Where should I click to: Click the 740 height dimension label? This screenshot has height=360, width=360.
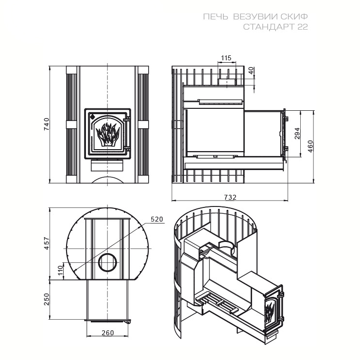point(46,124)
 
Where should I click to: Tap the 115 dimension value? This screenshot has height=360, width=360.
point(226,58)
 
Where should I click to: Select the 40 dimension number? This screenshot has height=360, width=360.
point(251,70)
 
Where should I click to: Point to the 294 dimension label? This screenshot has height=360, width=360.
point(297,134)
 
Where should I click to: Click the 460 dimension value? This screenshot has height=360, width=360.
point(310,146)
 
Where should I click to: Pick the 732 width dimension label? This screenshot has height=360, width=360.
point(230,197)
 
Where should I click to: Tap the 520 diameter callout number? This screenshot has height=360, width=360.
point(157,219)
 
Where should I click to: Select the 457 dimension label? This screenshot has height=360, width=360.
point(47,243)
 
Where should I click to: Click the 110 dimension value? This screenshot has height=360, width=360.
point(60,270)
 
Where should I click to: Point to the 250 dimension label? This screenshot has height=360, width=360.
point(47,299)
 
